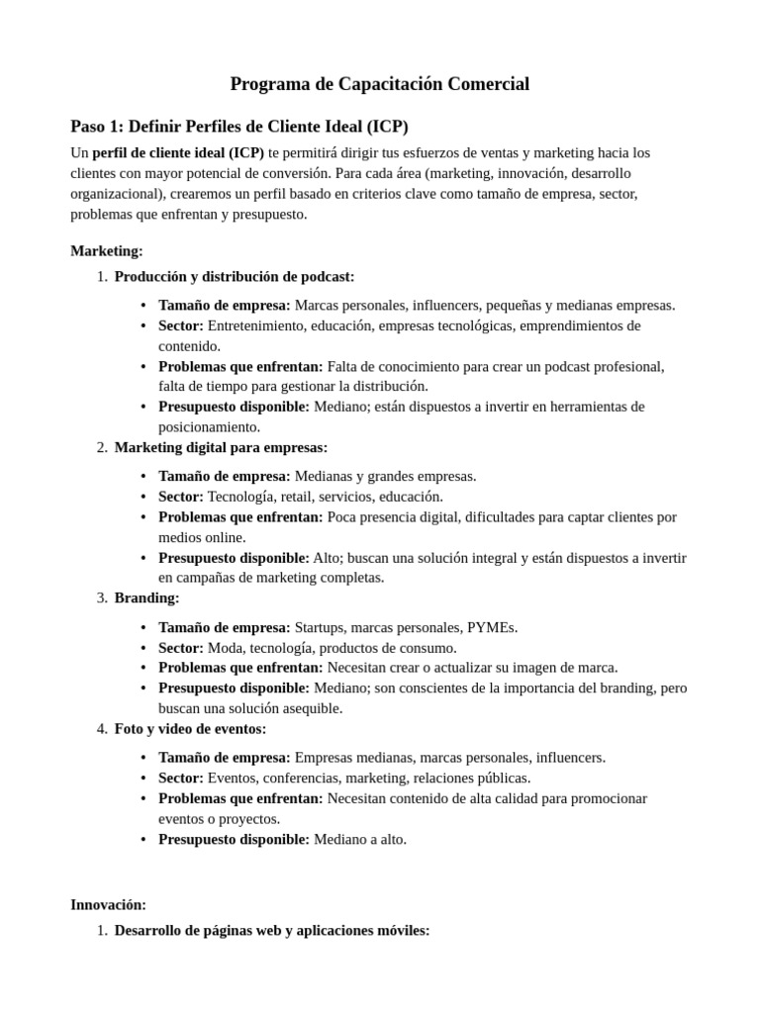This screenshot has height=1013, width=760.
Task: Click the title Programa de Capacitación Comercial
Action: [x=379, y=84]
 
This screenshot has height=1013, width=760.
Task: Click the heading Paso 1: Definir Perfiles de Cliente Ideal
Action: [x=238, y=127]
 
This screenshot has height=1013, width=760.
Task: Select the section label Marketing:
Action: [x=107, y=251]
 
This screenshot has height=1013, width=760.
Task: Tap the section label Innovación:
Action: [x=108, y=904]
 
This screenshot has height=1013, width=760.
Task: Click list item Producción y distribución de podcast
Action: [x=234, y=276]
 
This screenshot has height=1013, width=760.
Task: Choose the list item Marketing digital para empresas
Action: [x=221, y=447]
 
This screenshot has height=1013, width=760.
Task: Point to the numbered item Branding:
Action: [x=146, y=598]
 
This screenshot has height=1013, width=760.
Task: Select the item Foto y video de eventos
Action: [x=190, y=728]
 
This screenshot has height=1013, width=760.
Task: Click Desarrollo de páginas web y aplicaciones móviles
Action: [x=271, y=930]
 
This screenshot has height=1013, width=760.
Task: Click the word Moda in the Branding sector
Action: [x=225, y=648]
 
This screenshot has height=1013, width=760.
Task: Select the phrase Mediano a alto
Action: [x=359, y=839]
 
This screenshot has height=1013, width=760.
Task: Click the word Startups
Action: [x=323, y=627]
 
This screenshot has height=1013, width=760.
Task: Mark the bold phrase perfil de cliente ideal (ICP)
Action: [x=178, y=152]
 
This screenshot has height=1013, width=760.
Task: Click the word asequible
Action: [x=310, y=708]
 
